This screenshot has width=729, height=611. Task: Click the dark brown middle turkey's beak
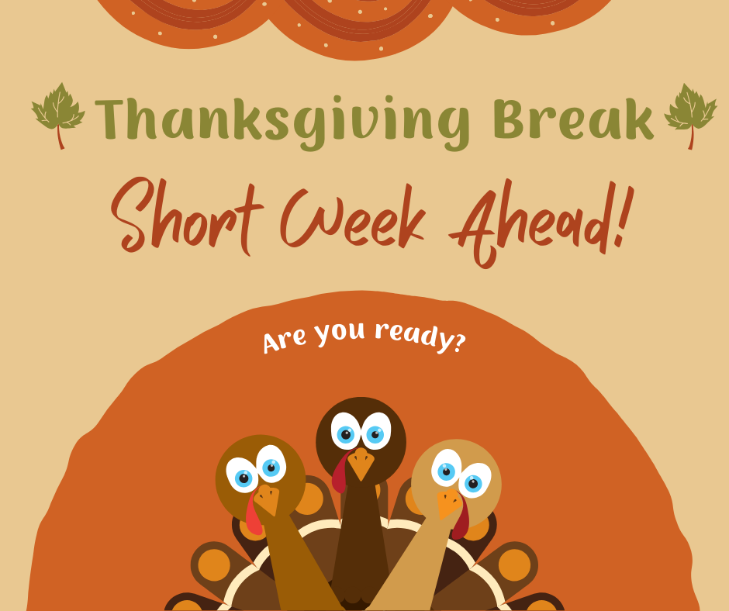360,463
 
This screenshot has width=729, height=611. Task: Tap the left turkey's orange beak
268,500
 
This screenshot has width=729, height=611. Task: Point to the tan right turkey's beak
449,503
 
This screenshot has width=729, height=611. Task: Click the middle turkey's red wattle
340,473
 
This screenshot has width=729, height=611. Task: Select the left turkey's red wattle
252,516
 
